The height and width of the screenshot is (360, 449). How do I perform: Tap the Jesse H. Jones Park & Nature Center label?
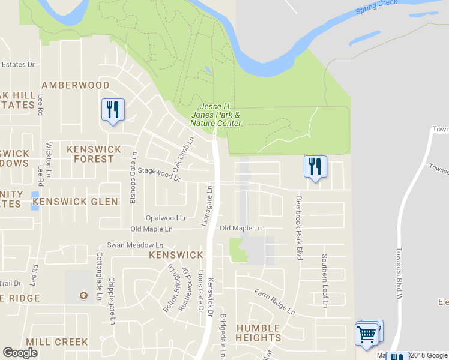(215, 115)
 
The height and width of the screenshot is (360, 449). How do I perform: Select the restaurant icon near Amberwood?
(113, 110)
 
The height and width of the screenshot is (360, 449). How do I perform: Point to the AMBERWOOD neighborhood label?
(75, 85)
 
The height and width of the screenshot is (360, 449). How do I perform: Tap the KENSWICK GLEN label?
(75, 202)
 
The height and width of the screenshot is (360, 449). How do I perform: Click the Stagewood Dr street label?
(159, 171)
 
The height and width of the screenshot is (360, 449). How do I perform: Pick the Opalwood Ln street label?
(166, 218)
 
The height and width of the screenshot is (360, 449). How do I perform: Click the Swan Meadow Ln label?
(135, 245)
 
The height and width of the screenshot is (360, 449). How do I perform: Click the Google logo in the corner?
(20, 353)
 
